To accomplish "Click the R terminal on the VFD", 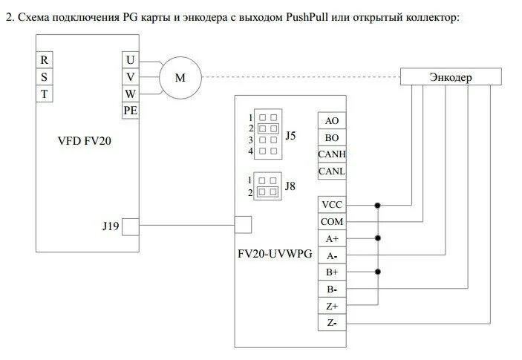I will (45, 60).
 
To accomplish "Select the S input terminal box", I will (45, 76).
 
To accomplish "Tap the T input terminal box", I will (45, 94).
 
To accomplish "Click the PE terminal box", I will (131, 110).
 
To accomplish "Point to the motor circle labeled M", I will (180, 76).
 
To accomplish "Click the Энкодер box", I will (450, 76).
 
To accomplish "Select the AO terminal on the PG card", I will (331, 120).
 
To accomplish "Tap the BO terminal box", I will (331, 137).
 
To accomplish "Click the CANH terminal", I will (331, 154).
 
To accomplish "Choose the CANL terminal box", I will (331, 171).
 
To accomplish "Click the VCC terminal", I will (331, 205).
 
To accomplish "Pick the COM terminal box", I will (331, 222).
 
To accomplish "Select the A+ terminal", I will (331, 239).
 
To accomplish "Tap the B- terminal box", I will (331, 289).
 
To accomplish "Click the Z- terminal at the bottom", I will (331, 323).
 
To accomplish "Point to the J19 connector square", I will (130, 226).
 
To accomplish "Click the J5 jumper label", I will (291, 136).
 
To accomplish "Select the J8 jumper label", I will (291, 186).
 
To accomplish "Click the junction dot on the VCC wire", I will (378, 205).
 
